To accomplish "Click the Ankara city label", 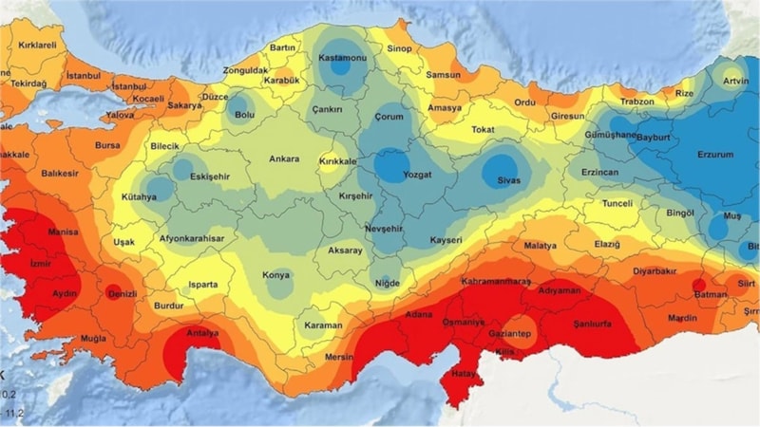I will tap(284, 158).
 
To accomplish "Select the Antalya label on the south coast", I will tap(201, 333).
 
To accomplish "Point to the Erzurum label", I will tap(716, 153).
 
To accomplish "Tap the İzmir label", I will tap(40, 263).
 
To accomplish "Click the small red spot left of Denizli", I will tap(112, 291).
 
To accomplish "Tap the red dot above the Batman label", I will tap(699, 284).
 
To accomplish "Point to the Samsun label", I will tap(443, 75).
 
